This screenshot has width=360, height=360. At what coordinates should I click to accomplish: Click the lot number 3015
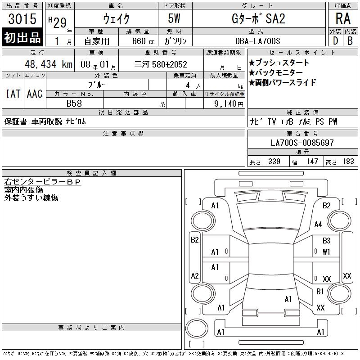coord(22,19)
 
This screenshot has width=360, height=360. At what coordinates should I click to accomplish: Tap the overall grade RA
coord(343,18)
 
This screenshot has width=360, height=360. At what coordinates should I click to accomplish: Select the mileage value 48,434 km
coord(49,64)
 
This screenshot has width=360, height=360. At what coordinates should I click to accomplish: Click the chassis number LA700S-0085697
coord(302,143)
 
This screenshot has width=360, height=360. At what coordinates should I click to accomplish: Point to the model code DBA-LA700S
coord(257,41)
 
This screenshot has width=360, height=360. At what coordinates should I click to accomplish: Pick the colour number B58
coord(74,103)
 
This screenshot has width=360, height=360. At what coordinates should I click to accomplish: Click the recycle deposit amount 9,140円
coord(229,104)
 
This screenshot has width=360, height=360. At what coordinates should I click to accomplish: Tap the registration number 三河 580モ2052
coord(161,64)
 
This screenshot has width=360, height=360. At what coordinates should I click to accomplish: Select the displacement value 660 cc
coord(143,41)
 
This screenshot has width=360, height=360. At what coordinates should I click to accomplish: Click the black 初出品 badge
coord(22,37)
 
